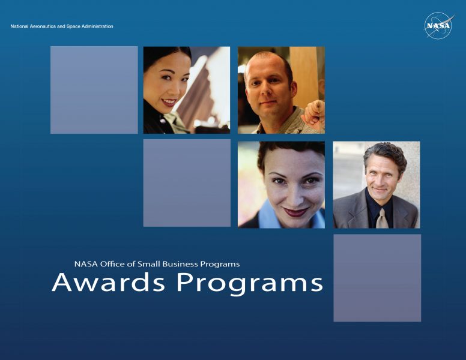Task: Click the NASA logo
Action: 438,25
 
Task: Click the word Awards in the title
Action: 108,282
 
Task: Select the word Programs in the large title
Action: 250,284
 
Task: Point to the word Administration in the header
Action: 97,26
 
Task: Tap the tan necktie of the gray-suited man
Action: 382,218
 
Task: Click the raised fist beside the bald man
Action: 313,112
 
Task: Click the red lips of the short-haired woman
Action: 295,212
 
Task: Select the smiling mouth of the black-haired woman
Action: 169,103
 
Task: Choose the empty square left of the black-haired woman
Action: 94,90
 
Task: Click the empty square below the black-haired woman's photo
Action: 187,183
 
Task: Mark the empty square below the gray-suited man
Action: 377,278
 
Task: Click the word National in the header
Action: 20,26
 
